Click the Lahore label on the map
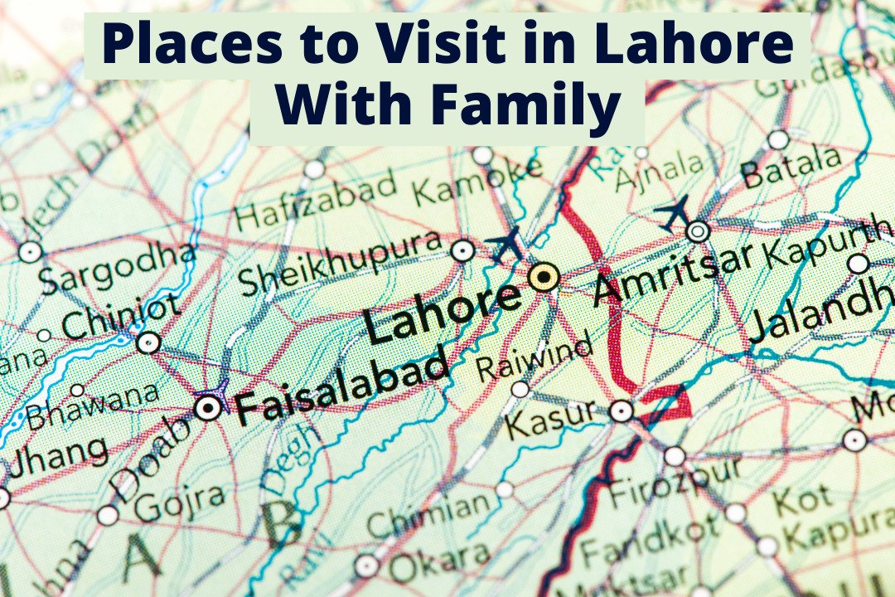tap(443, 313)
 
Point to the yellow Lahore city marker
tap(544, 277)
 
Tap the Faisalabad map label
tap(341, 387)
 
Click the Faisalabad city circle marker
tap(208, 407)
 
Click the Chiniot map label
tap(121, 317)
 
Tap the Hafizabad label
tap(316, 201)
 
